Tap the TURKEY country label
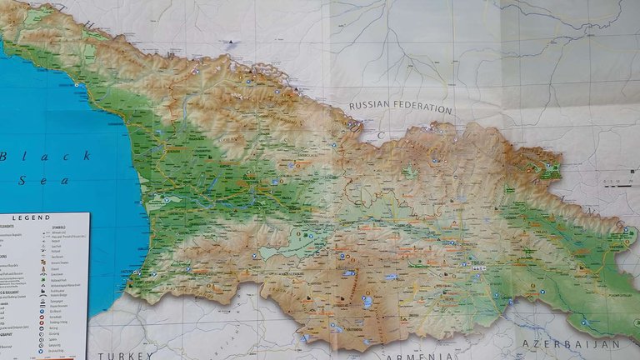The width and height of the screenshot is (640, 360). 124,355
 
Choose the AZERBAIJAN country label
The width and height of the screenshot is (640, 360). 571,343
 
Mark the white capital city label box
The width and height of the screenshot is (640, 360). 479,269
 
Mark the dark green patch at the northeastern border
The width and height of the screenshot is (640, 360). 549,172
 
